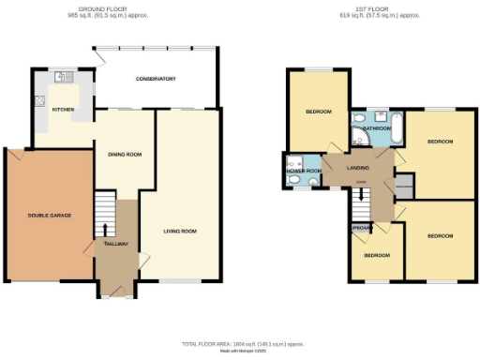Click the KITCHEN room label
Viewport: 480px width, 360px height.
tap(63, 110)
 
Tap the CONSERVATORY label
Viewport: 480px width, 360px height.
tap(155, 79)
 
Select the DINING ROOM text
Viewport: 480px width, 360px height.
tap(124, 155)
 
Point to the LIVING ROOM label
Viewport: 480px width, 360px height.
tap(180, 231)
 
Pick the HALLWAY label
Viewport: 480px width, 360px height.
tap(116, 244)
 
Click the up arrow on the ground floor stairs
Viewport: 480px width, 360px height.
tap(104, 228)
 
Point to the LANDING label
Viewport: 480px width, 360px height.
tap(357, 169)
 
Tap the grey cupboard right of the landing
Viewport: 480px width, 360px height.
tap(404, 185)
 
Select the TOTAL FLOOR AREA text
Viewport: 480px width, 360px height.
tap(239, 345)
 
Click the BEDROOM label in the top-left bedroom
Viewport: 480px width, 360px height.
tap(319, 112)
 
